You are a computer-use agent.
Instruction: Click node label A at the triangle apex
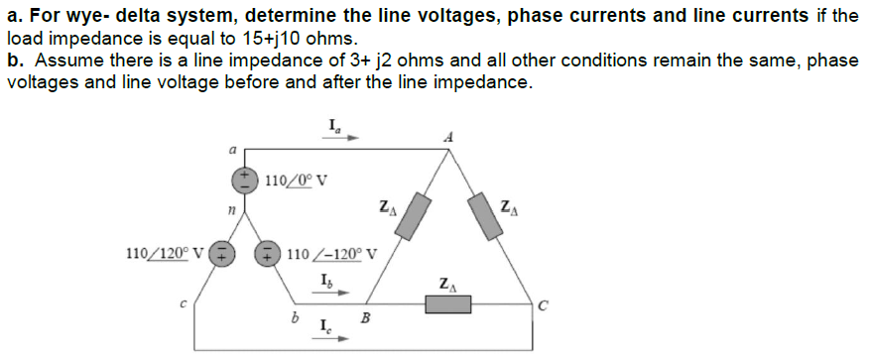[x=449, y=138]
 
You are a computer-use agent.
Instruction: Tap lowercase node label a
[x=230, y=151]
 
